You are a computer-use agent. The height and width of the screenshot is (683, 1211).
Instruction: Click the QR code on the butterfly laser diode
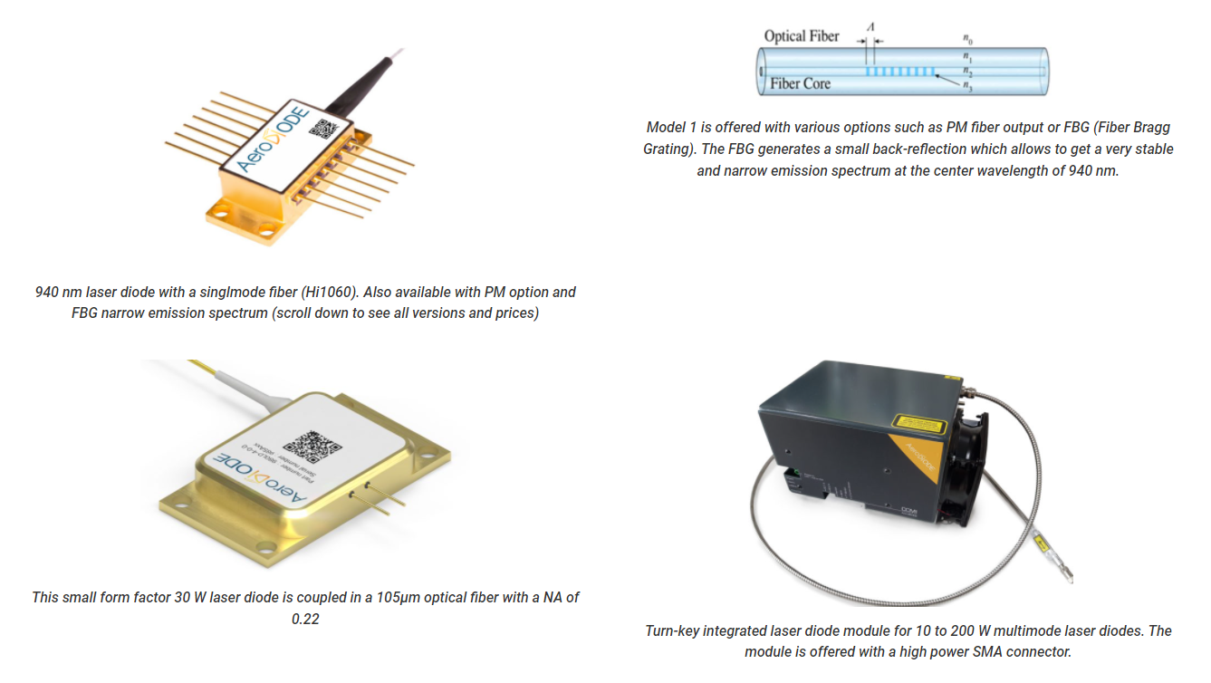(x=322, y=128)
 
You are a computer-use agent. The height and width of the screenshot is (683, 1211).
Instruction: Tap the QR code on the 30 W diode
(x=311, y=445)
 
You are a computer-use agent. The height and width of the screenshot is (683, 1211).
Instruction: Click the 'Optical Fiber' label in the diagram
(x=801, y=36)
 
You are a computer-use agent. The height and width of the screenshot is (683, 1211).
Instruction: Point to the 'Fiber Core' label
(x=800, y=83)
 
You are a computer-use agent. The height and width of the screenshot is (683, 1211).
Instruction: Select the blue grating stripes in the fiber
(x=899, y=71)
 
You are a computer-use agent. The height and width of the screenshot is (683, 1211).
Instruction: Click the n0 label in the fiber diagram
(x=967, y=39)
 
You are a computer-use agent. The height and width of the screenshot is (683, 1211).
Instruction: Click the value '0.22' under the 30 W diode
(x=305, y=620)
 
